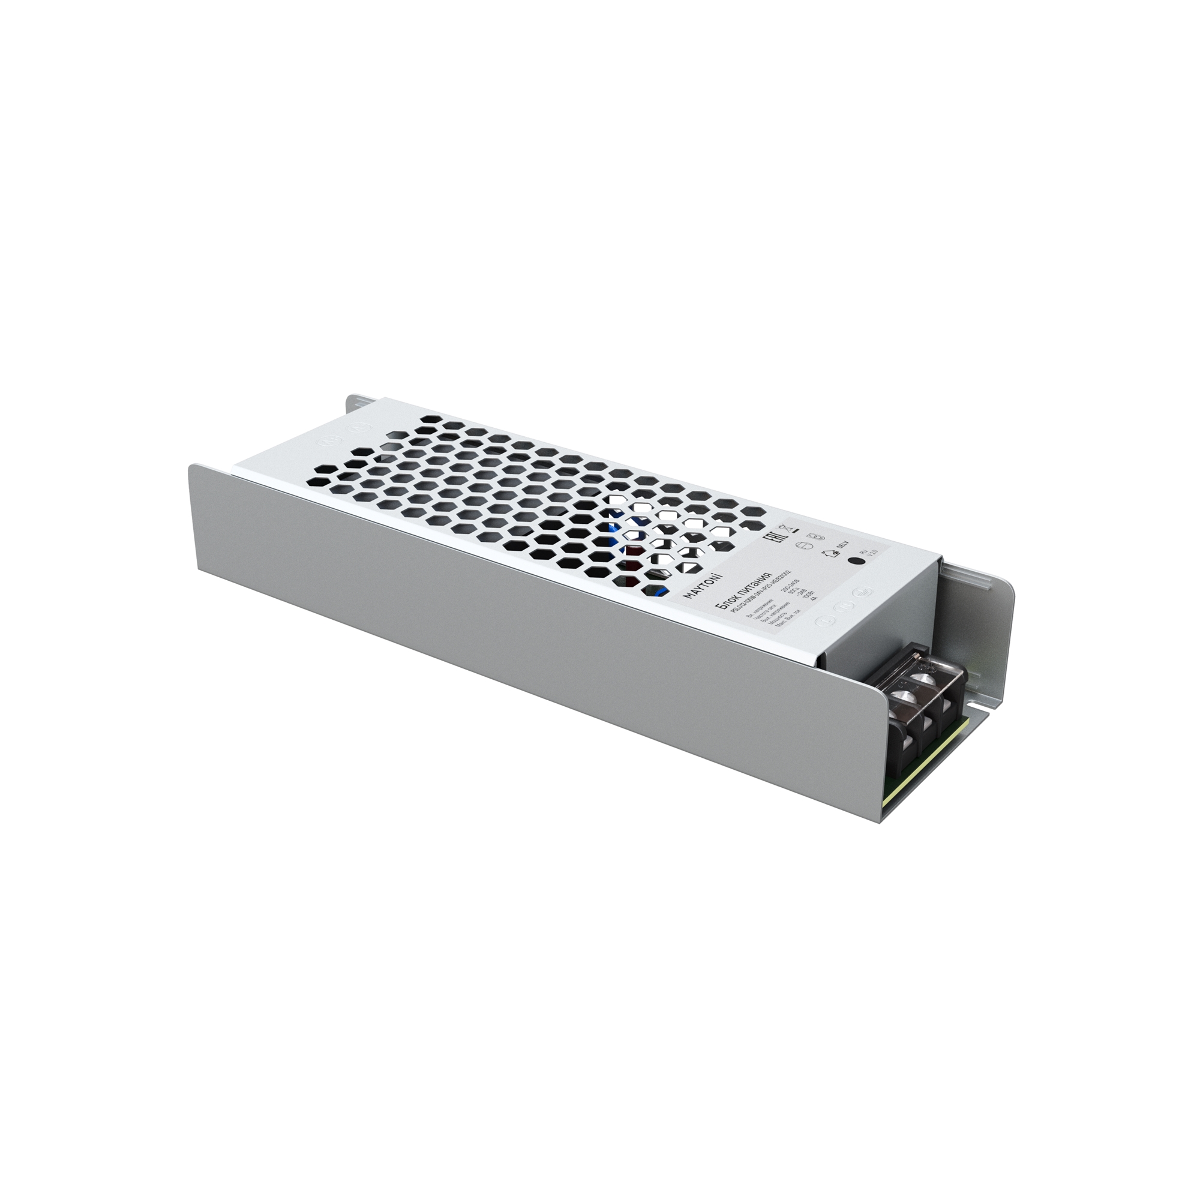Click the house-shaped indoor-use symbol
point(827,553)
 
